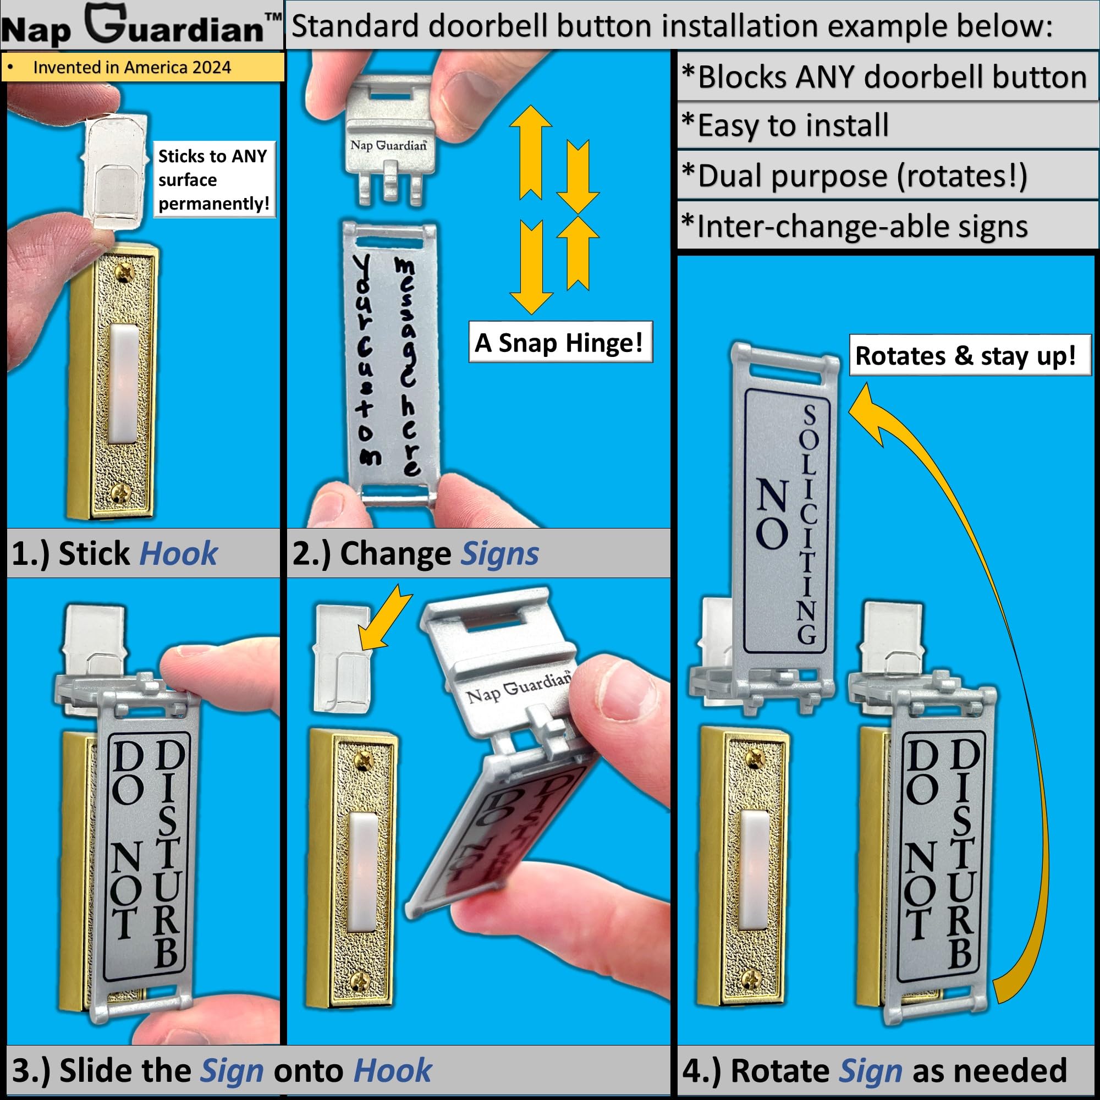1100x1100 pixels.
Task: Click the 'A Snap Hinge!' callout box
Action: [560, 342]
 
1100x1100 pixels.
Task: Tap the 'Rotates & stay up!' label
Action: [970, 355]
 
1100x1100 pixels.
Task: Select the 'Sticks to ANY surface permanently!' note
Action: [214, 179]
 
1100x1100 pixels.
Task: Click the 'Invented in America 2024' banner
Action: [142, 67]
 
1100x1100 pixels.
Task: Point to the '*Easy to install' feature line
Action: [786, 125]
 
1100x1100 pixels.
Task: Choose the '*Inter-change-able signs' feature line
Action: [855, 226]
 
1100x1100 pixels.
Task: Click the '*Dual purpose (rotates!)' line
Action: [855, 175]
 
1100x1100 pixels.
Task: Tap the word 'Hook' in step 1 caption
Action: [178, 553]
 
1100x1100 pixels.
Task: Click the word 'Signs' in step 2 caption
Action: [499, 554]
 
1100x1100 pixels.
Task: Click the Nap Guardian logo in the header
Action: [141, 26]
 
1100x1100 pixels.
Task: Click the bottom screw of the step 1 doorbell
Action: [120, 492]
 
